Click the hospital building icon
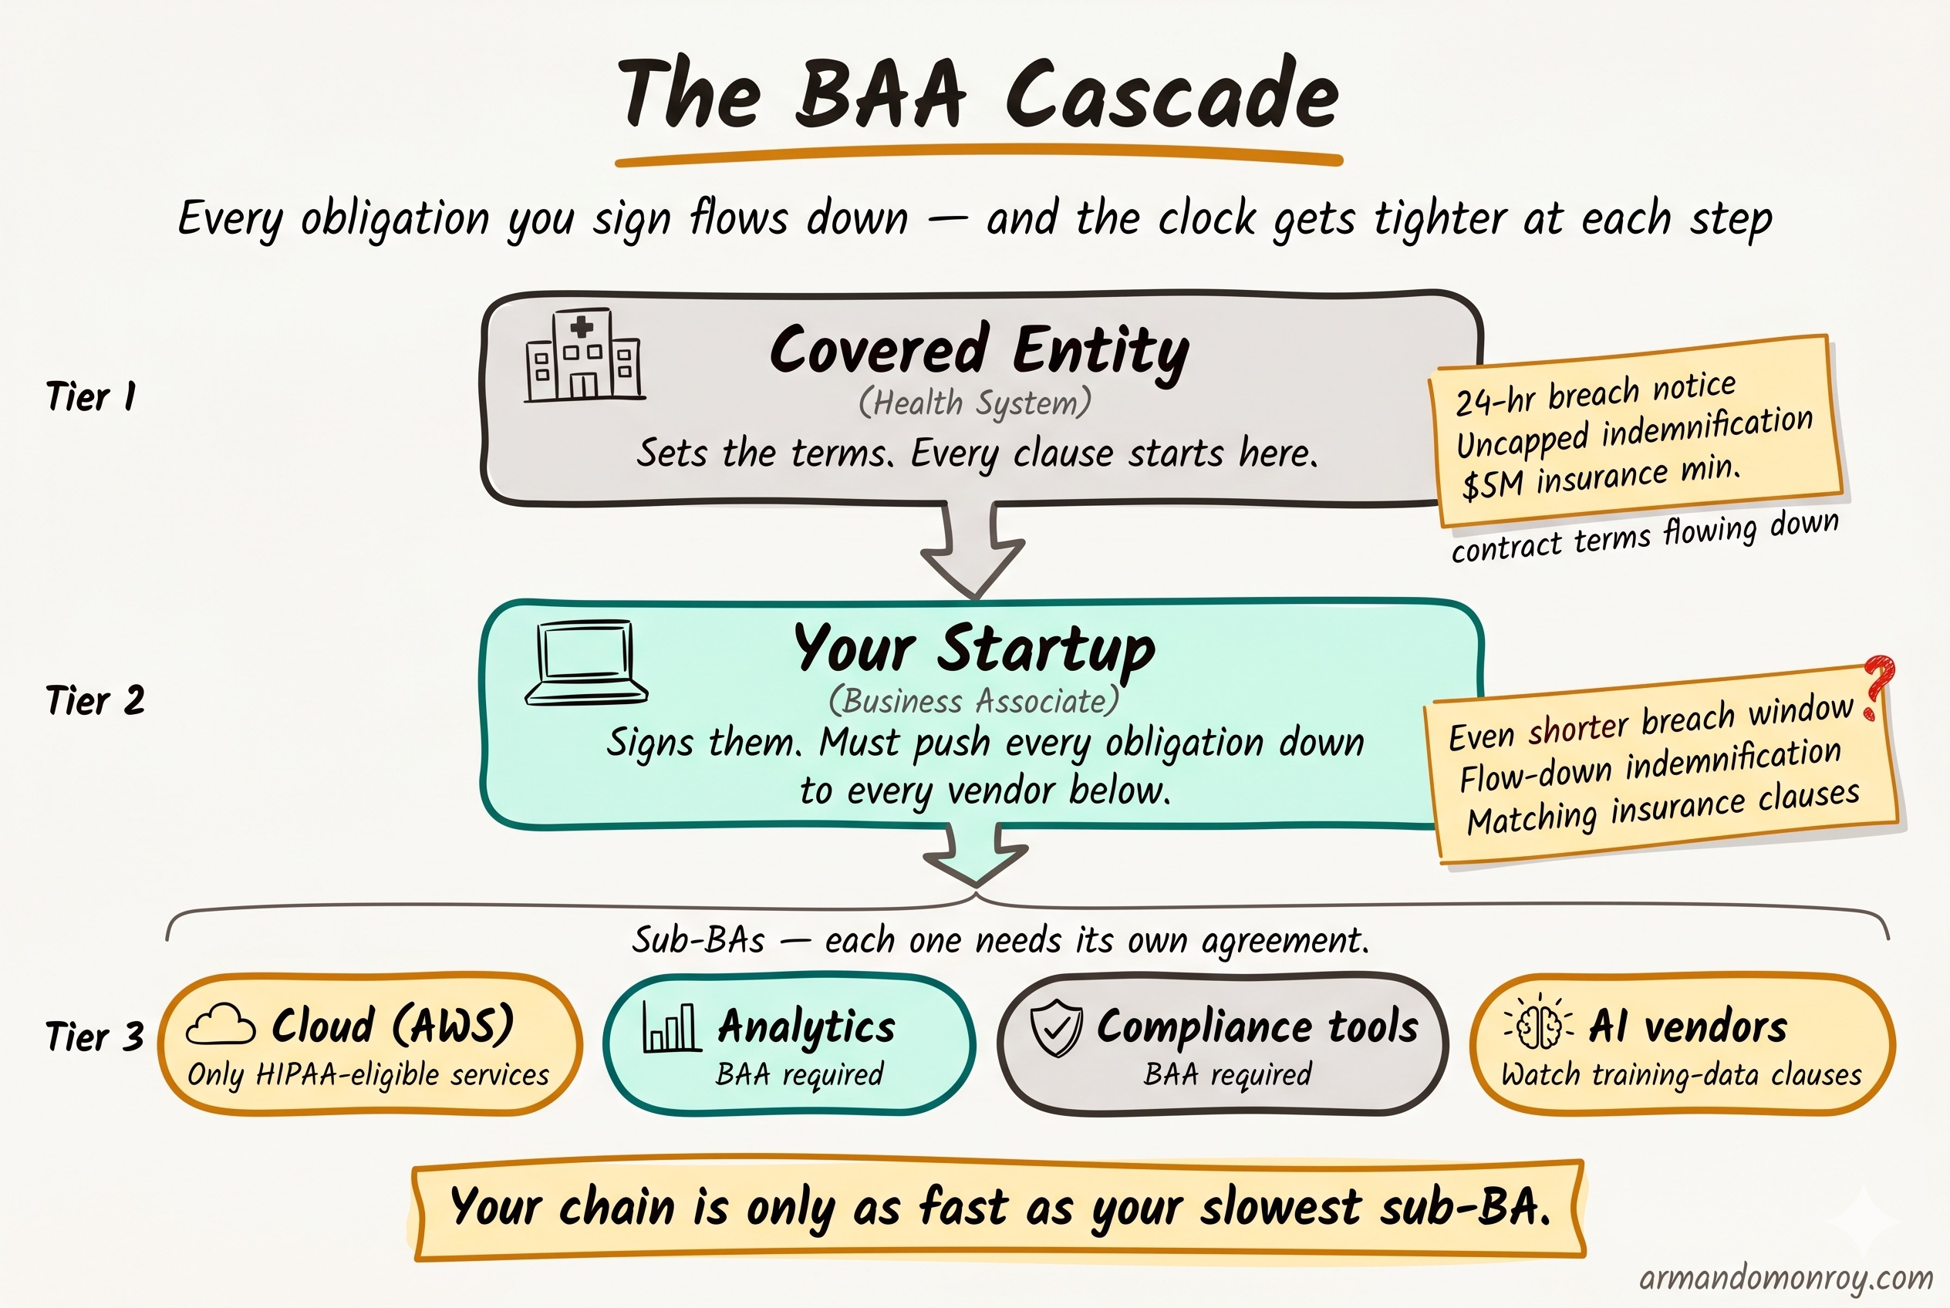click(x=584, y=356)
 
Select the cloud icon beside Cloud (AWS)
click(x=221, y=1024)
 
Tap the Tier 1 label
click(x=91, y=396)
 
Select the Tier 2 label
click(x=95, y=700)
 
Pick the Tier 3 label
click(x=95, y=1037)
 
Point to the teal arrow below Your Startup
click(x=976, y=856)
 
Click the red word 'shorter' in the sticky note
click(x=1578, y=726)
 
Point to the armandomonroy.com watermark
click(x=1786, y=1277)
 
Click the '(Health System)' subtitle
click(x=974, y=403)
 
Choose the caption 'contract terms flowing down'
click(x=1645, y=536)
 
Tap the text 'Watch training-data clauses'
click(x=1682, y=1074)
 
